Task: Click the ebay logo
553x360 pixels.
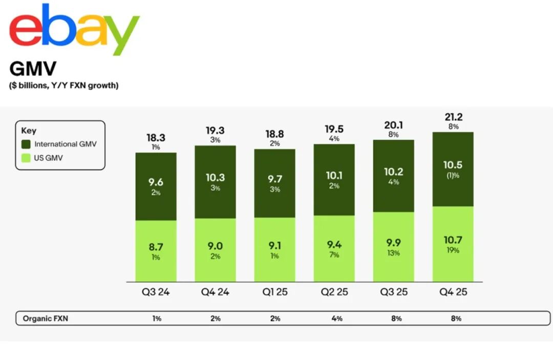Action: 74,30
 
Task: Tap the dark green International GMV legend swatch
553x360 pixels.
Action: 26,144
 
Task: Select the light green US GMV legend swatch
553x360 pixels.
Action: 26,158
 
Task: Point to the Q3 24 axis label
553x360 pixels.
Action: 156,292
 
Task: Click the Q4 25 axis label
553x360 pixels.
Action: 453,292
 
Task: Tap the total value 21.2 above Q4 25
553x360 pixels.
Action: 453,117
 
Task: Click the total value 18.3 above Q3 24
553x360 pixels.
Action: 156,138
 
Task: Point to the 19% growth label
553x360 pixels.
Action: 453,250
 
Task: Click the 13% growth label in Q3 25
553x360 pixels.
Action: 393,253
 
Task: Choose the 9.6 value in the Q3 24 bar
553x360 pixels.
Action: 156,182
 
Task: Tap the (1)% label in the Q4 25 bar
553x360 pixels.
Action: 453,176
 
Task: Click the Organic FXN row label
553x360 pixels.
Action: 46,319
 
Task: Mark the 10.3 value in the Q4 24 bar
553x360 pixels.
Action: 216,178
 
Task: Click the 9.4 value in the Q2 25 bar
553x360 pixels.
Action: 334,244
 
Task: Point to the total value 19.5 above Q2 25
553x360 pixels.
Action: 334,129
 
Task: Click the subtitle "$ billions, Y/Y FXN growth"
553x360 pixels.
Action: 64,86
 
